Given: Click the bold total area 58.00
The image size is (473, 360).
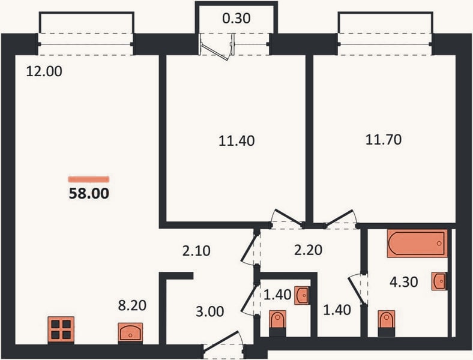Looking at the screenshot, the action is [x=89, y=193].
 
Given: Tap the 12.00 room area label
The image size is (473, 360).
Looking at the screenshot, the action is [x=44, y=71].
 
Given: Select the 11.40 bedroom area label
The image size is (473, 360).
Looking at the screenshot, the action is [x=237, y=141].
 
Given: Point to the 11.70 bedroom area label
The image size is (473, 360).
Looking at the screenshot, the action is [x=384, y=140].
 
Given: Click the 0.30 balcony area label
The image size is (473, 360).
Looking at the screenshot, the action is [x=236, y=19].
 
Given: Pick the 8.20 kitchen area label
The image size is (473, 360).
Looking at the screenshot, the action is [x=132, y=305].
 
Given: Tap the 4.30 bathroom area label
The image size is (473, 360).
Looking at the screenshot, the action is [x=403, y=282].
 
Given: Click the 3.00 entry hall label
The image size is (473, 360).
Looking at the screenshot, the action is [x=209, y=311].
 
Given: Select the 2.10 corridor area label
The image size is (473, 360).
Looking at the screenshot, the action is [x=196, y=251].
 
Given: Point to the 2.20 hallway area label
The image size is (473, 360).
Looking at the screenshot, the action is [x=308, y=250].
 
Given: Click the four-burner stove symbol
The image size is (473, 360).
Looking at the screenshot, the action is [x=61, y=329].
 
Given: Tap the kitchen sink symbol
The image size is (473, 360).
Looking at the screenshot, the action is [x=130, y=332].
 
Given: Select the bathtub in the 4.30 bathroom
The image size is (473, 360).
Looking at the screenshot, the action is [x=417, y=244].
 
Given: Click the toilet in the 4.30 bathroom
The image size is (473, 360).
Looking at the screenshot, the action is [x=387, y=323].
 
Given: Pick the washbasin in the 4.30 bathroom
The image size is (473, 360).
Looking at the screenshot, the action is [x=439, y=281].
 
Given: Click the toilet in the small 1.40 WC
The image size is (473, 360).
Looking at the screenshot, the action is [x=277, y=323].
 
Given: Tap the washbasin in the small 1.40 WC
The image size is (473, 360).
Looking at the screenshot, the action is [x=302, y=295].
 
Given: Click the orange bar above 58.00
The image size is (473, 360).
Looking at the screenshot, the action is [x=89, y=179].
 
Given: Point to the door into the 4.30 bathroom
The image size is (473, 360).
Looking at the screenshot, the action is [x=357, y=289].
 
